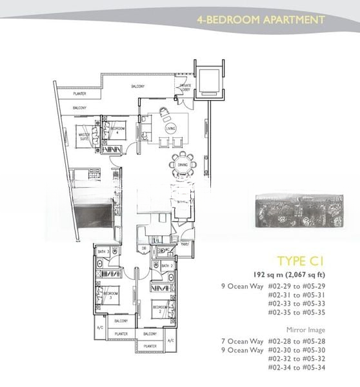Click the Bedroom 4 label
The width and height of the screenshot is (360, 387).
(x=117, y=130)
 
